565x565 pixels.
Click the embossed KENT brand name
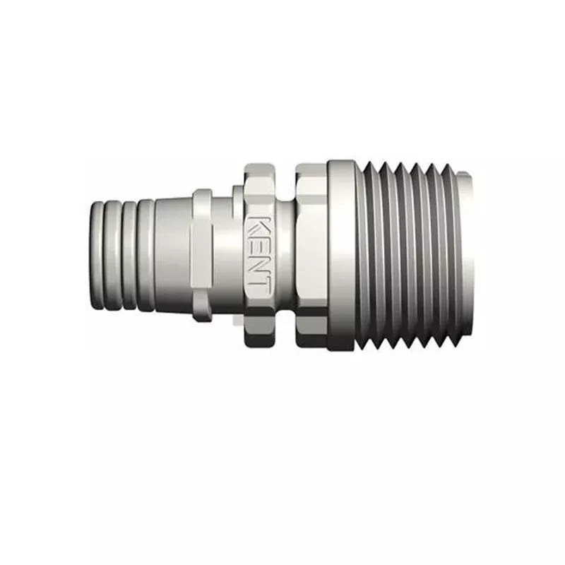[x=258, y=256]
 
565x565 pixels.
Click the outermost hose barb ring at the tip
[x=97, y=256]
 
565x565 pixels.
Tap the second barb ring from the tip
[x=112, y=256]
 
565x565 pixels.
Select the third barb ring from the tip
[x=129, y=256]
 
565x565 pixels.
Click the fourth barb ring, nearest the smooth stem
[x=145, y=256]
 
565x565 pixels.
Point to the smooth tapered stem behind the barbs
[x=173, y=256]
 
